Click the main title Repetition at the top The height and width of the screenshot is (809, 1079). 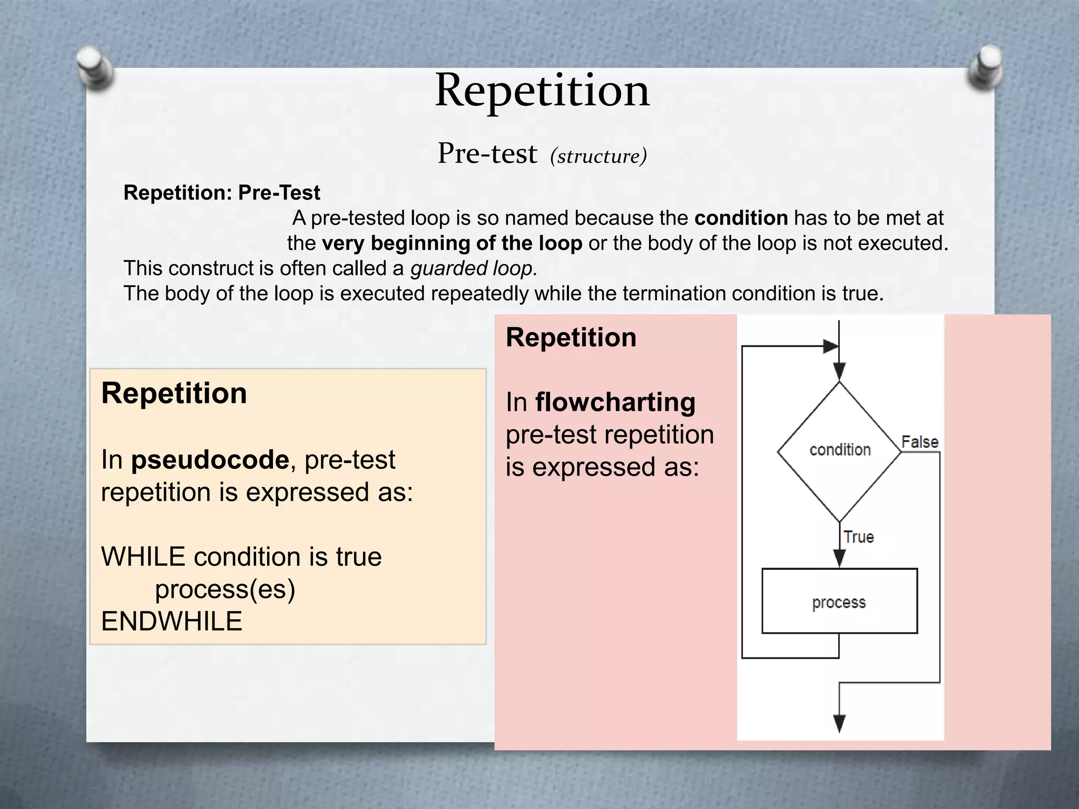click(x=542, y=91)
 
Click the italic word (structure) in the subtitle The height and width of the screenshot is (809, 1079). click(x=598, y=156)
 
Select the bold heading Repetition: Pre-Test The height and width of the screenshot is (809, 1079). click(x=221, y=193)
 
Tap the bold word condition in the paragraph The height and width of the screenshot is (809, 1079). click(x=741, y=218)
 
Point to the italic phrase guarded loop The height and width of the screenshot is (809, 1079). click(x=474, y=269)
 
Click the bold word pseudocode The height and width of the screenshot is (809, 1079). click(x=210, y=460)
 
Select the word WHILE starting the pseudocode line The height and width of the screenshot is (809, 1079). click(x=143, y=557)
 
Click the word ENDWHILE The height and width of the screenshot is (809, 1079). click(x=171, y=621)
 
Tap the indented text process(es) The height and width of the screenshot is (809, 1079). click(x=225, y=589)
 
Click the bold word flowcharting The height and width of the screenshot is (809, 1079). click(x=615, y=402)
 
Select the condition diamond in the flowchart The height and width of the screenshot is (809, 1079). click(x=839, y=451)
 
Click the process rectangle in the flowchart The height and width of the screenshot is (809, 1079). click(x=839, y=601)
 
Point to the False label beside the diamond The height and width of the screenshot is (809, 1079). click(x=919, y=442)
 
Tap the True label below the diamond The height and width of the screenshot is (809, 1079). click(x=859, y=537)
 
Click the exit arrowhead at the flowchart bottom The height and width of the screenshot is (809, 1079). click(x=839, y=723)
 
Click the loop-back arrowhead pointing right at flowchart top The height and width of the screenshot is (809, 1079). click(x=830, y=346)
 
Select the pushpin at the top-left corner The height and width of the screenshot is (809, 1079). click(x=94, y=67)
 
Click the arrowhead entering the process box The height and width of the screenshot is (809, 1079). click(x=839, y=558)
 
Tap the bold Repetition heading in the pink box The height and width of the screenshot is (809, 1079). click(x=571, y=338)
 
